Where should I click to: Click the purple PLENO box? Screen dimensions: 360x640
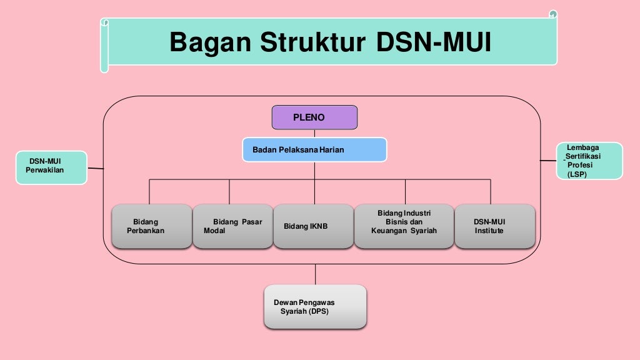(x=314, y=117)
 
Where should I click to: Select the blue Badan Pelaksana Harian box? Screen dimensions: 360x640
(x=314, y=150)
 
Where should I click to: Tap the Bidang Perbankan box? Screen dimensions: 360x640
(x=152, y=226)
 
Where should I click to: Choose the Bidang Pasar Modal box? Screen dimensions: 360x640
(x=232, y=226)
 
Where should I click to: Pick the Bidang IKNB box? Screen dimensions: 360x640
(x=314, y=226)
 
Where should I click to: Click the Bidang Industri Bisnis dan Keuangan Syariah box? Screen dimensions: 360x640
(x=404, y=226)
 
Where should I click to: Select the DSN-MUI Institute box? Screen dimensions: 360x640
(x=494, y=226)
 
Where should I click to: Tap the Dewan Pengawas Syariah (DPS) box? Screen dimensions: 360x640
(x=315, y=306)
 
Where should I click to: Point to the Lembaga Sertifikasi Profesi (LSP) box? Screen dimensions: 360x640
(x=589, y=161)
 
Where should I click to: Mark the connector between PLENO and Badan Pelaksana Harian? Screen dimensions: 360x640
(x=314, y=134)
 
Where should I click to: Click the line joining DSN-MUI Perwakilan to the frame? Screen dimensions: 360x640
(x=95, y=168)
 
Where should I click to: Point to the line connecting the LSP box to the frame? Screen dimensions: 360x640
(x=548, y=161)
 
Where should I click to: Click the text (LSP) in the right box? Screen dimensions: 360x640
(x=577, y=175)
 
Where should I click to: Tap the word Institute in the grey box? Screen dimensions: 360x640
(x=489, y=231)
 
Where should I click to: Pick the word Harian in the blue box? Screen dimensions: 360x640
(x=332, y=150)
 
